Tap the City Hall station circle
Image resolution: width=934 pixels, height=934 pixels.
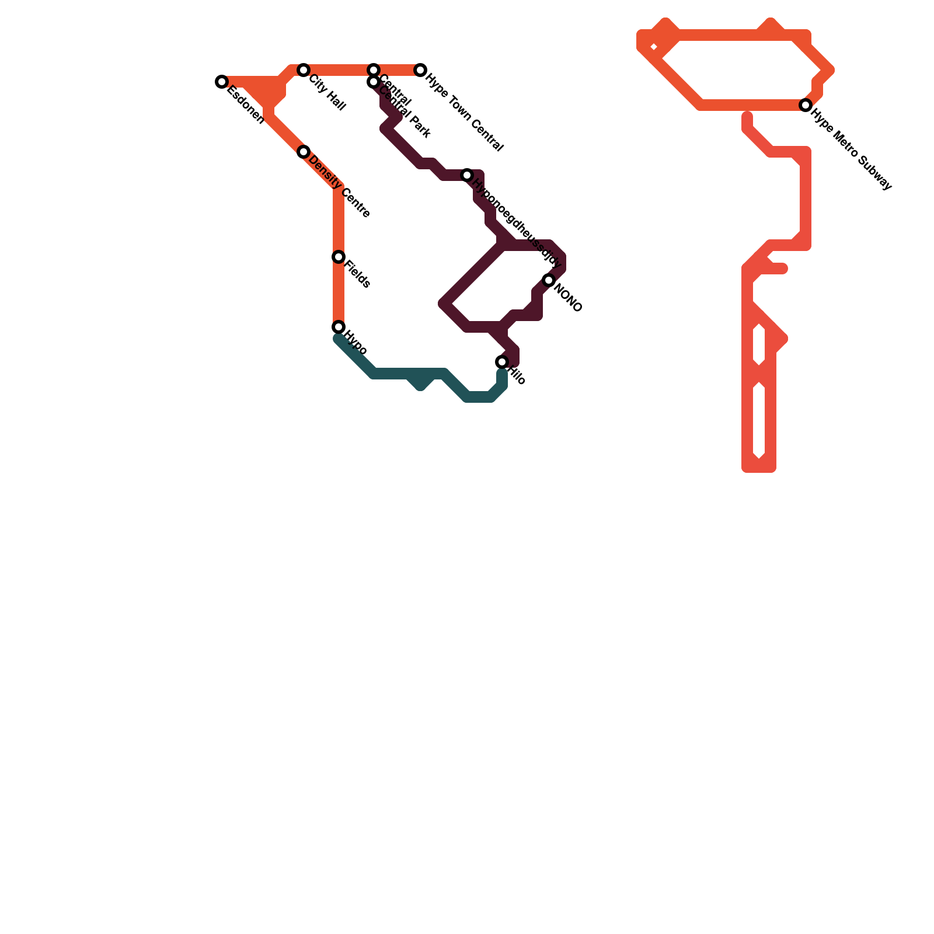304,70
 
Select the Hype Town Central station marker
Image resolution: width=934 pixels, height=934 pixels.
420,70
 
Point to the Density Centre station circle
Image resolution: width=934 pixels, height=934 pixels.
304,152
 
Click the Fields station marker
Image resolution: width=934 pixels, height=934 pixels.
339,257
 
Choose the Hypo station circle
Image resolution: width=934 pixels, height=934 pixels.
339,327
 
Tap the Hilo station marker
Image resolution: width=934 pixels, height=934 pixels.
502,362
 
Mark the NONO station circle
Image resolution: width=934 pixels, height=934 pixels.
549,280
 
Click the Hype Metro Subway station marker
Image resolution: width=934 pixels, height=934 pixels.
806,105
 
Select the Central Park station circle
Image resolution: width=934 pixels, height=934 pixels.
374,82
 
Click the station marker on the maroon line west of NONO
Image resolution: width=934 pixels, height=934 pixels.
467,175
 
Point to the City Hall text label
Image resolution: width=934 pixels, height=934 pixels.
327,93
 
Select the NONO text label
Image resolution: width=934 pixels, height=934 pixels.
567,298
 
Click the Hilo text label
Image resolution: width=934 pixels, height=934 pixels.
517,375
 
